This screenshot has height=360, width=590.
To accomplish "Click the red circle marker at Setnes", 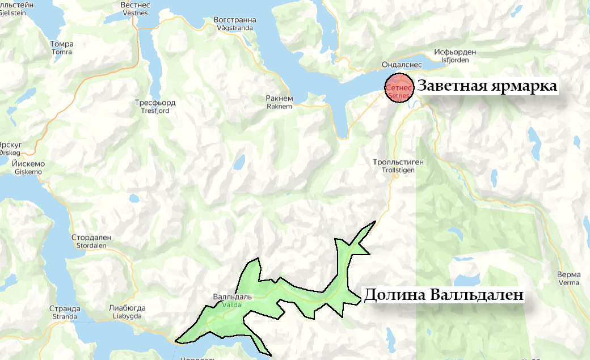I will pos(399,88).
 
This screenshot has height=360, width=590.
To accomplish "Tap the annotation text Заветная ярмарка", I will pos(487,87).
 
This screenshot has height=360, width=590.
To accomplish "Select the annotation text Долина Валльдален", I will pos(442,295).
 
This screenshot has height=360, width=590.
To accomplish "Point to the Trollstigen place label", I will pos(398,166).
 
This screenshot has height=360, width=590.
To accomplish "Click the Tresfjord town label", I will pos(155,107).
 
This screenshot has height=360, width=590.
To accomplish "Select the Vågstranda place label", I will pos(235,23).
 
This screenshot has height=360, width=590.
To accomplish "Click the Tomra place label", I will pos(61,48).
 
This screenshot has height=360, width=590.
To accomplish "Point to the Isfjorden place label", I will pos(454,56).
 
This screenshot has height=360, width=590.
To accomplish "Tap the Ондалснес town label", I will pos(386,63).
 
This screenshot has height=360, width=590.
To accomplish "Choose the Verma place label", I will pos(568,278).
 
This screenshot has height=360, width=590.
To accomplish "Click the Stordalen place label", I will pos(91,241).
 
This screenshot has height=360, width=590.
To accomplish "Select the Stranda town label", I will pos(64,312).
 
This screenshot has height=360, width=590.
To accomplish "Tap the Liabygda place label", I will pos(127,312).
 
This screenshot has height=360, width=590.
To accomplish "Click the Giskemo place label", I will pos(28,167).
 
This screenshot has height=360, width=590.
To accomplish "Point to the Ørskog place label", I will pos(10,148).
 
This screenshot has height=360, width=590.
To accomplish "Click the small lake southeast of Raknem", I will pos(239,164).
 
